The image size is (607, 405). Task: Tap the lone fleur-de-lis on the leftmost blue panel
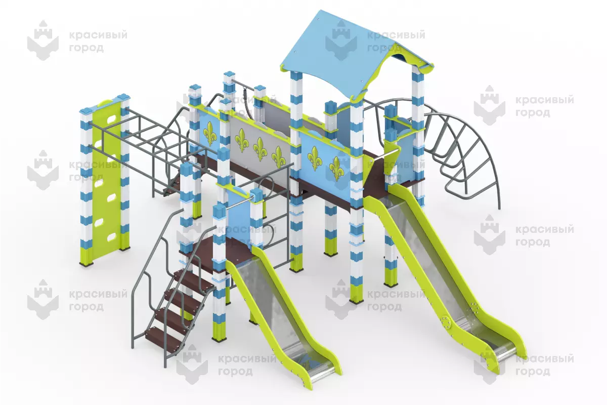point(209,133)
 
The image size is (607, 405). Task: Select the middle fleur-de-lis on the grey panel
point(259,150)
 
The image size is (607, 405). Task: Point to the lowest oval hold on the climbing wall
point(111,238)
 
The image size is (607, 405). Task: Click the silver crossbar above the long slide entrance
point(390,154)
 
